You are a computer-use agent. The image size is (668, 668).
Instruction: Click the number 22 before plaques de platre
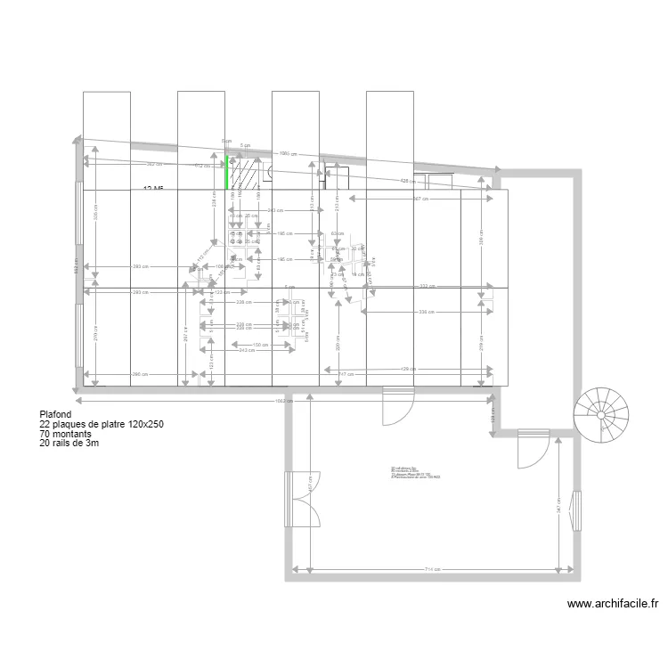coord(45,425)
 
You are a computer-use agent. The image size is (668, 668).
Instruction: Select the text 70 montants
coord(67,435)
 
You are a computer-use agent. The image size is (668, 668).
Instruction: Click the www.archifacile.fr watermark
coord(614,604)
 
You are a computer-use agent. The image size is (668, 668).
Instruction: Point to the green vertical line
coord(226,172)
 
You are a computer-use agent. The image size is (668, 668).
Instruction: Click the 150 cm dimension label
coord(260,345)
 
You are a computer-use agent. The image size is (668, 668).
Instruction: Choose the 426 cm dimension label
coord(405,181)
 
